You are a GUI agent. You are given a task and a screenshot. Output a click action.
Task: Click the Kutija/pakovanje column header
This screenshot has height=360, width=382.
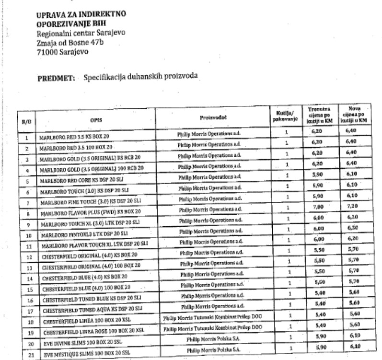click(x=285, y=116)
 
